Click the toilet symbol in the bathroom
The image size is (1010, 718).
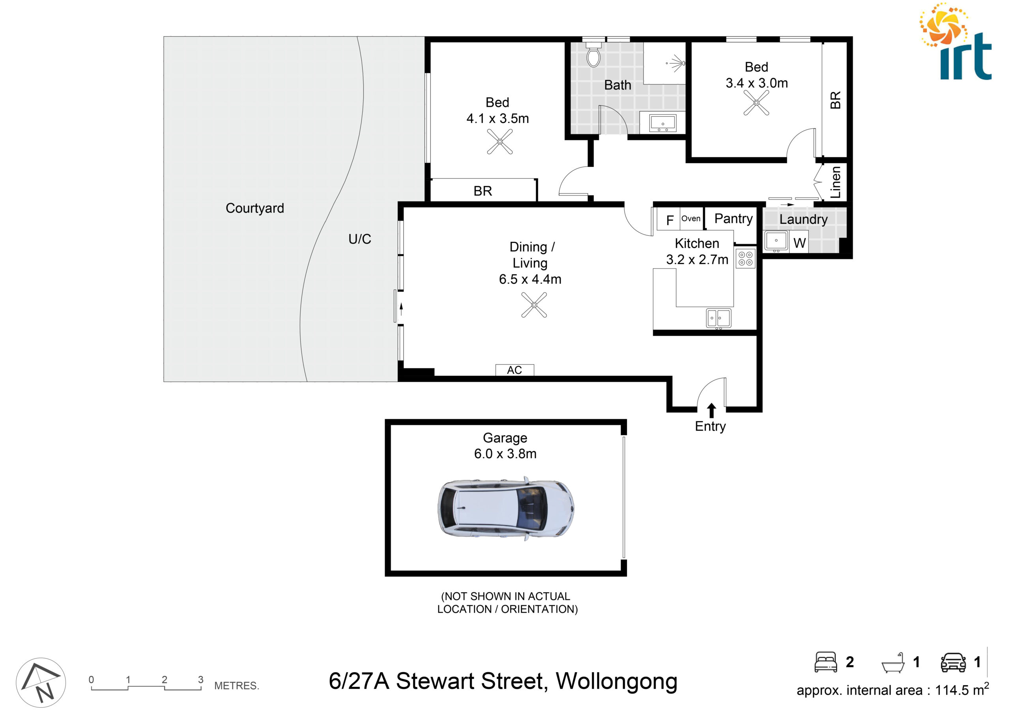[593, 54]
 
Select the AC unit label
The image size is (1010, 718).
[514, 370]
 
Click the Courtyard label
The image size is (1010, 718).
[255, 208]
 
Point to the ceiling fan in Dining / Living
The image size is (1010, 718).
[534, 305]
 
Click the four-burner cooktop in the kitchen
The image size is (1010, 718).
[745, 259]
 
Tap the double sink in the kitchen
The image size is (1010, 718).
[718, 318]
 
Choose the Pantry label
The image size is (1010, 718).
[733, 219]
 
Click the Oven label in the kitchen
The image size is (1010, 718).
[690, 218]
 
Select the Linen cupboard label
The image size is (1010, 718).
[835, 182]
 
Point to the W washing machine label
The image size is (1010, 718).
[799, 243]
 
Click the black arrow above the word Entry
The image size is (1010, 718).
[711, 410]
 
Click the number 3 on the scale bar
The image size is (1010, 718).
[200, 679]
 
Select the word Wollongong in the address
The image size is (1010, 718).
[616, 681]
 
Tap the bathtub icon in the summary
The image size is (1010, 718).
[893, 663]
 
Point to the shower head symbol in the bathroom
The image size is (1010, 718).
[676, 63]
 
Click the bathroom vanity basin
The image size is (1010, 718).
[663, 123]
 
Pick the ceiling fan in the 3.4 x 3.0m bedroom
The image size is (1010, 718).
[756, 103]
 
